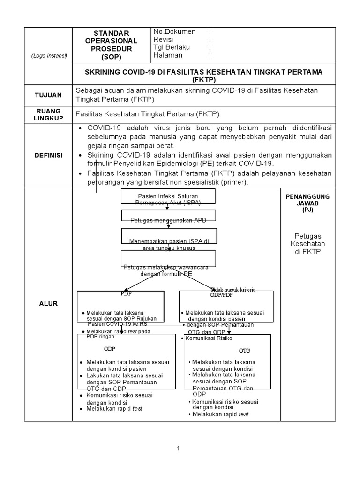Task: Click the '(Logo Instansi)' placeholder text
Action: [x=49, y=56]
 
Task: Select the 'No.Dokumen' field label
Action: [x=175, y=31]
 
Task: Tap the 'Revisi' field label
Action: [x=164, y=39]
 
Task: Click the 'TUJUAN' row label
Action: [x=48, y=95]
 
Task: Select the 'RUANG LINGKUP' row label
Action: [x=48, y=115]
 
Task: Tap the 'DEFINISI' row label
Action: [x=48, y=155]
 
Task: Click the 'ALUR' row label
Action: [x=48, y=304]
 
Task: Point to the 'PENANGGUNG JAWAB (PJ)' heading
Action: [x=307, y=203]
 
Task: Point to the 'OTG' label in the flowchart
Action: [x=245, y=350]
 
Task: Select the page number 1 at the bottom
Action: [x=179, y=449]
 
